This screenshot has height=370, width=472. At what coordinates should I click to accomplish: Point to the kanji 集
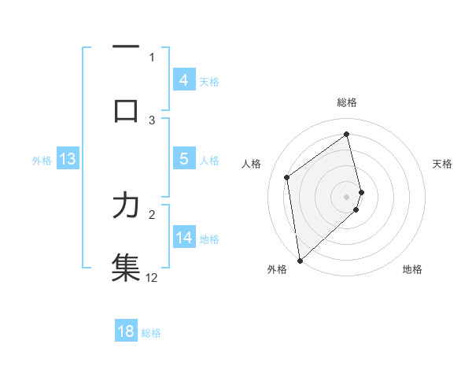click(x=126, y=265)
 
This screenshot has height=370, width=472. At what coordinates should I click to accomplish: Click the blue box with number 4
click(x=183, y=80)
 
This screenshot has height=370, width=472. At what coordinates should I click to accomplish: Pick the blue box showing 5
click(x=183, y=159)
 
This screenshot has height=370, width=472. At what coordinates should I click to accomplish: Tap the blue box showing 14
click(x=183, y=238)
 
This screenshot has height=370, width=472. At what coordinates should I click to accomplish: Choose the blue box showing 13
click(x=68, y=159)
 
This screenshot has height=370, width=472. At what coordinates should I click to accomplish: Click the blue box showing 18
click(x=126, y=331)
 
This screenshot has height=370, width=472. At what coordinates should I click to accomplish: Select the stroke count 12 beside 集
click(x=152, y=277)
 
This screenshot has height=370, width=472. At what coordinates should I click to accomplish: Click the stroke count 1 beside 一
click(x=153, y=57)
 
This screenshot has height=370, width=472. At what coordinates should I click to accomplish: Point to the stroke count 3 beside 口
click(x=153, y=120)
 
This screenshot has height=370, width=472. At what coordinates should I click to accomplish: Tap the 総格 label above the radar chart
click(x=347, y=102)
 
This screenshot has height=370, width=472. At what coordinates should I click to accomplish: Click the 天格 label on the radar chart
click(x=442, y=164)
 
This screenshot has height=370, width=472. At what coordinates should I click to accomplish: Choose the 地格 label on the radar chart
click(x=412, y=269)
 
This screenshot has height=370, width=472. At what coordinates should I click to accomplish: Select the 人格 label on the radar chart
click(x=252, y=164)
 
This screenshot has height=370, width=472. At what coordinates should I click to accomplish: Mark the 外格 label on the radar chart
click(x=277, y=269)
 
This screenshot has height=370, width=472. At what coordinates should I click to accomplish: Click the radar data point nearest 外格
click(x=300, y=260)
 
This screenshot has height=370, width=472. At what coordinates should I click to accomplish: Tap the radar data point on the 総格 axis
click(x=347, y=135)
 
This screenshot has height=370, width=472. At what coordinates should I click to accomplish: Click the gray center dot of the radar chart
click(x=347, y=196)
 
